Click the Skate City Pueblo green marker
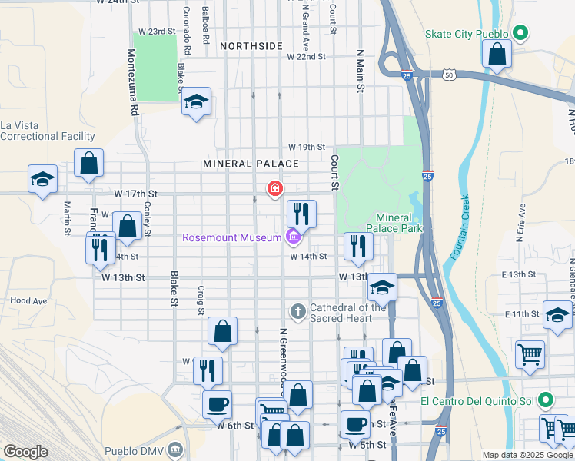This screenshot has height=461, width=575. tap(520, 34)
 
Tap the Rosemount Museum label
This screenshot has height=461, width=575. tap(231, 237)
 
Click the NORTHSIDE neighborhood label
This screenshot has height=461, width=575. tap(251, 47)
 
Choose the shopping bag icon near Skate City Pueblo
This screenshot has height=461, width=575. tap(497, 54)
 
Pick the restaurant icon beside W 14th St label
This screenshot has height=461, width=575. tap(357, 246)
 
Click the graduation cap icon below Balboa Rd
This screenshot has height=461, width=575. tap(196, 101)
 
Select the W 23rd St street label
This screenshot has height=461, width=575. tap(157, 31)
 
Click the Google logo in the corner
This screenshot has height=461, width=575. tap(25, 452)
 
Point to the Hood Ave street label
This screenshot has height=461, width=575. tap(25, 300)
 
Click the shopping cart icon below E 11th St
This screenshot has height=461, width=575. tap(530, 354)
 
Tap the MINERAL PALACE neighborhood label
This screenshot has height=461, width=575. tap(251, 164)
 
